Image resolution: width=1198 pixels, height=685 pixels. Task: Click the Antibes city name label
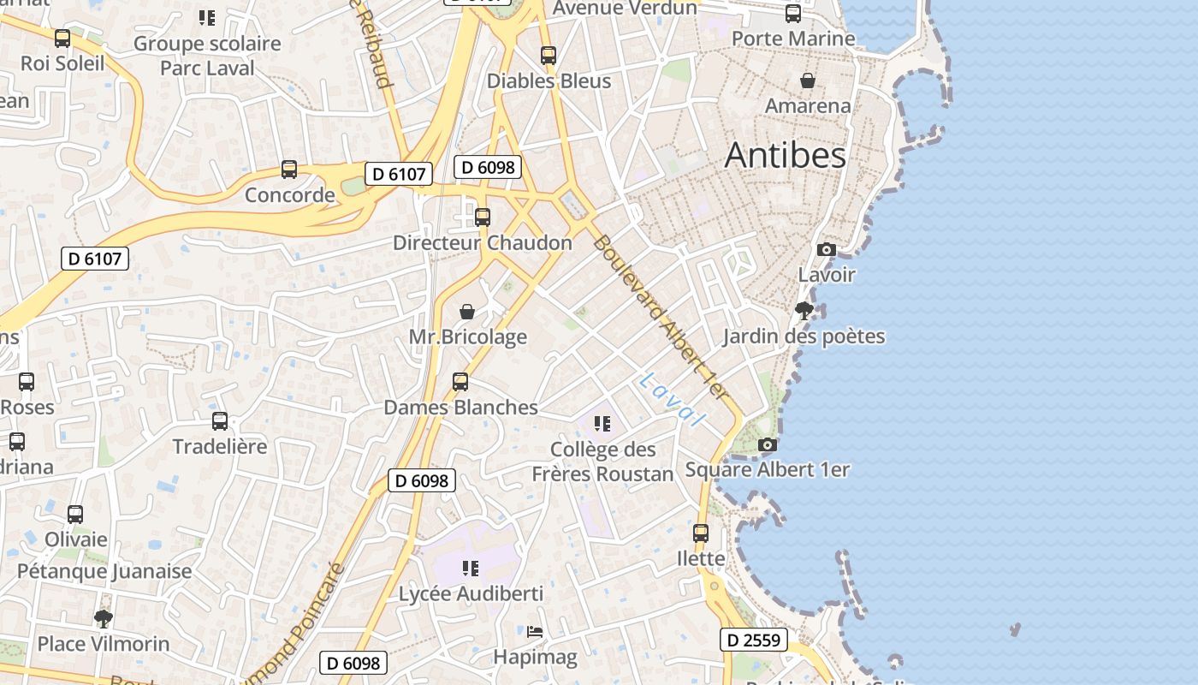click(x=785, y=155)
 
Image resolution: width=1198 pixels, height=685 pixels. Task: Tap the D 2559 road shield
click(x=754, y=640)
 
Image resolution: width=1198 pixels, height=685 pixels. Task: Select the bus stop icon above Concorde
click(x=289, y=170)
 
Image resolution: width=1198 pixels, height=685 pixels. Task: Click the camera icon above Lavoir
click(x=826, y=249)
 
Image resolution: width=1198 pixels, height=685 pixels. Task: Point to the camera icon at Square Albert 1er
click(x=768, y=444)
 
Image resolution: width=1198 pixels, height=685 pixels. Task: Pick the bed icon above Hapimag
click(x=535, y=632)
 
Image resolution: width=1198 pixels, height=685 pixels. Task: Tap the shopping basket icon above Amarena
click(x=807, y=80)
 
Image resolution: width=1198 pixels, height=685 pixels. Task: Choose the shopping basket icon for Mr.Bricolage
click(x=467, y=312)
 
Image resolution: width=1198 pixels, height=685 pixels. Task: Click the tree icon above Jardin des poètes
click(x=804, y=310)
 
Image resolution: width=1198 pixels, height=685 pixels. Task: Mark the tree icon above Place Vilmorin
click(x=104, y=618)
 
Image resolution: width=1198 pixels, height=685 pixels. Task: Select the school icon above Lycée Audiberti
click(x=470, y=568)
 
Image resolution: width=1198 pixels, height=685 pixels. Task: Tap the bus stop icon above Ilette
click(x=701, y=533)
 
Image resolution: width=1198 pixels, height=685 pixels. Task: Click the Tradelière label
click(x=220, y=446)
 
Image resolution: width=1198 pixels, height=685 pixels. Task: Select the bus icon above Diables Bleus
click(x=549, y=56)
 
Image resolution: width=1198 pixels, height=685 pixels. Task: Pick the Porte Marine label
click(x=793, y=39)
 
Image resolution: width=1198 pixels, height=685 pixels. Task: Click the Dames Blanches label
click(x=460, y=407)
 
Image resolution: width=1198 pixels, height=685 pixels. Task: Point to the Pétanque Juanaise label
click(x=104, y=570)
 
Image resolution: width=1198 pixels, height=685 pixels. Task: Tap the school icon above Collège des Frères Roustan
click(x=602, y=424)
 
